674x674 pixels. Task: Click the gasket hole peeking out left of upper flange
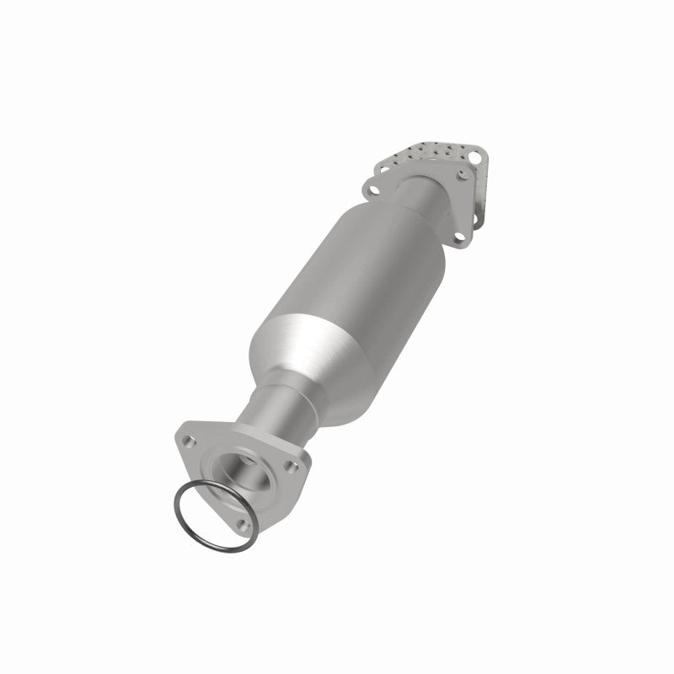pyautogui.click(x=382, y=168)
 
